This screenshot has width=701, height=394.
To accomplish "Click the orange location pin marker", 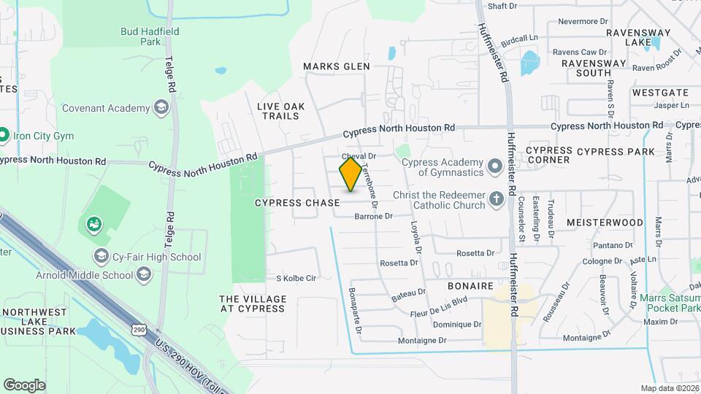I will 350,174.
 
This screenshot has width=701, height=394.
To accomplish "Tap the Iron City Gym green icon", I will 4,135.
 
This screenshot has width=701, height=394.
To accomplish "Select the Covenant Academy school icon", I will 161,109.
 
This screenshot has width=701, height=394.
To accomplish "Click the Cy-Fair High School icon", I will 101,256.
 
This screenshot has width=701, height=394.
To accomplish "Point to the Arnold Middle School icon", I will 144,275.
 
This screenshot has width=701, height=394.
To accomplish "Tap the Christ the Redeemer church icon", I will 497,199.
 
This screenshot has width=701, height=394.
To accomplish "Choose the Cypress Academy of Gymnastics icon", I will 494,166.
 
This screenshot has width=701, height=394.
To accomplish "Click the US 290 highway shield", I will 139,331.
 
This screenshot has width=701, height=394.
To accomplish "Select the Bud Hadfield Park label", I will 150,36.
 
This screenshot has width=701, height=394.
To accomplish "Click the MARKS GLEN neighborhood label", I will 337,66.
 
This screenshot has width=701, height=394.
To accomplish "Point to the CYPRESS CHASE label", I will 297,202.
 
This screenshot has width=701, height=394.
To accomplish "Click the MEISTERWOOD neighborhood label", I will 605,223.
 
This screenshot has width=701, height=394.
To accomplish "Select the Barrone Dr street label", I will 373,216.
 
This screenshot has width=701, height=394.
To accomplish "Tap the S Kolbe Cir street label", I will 295,278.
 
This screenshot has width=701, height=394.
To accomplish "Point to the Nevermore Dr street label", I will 583,21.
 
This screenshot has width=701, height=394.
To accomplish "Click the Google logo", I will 24,385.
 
